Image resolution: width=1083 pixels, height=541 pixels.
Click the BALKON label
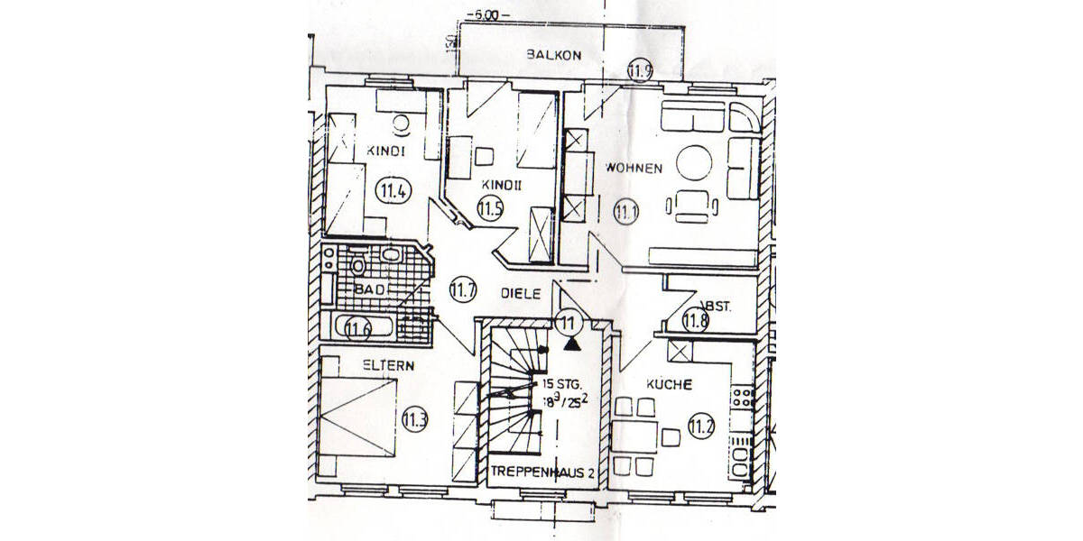(554, 56)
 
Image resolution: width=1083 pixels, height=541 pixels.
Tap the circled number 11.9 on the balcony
(640, 69)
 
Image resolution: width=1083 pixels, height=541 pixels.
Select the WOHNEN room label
(634, 168)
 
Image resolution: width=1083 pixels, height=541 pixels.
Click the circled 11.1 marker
(625, 213)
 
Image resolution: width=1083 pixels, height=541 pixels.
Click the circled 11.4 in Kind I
(391, 190)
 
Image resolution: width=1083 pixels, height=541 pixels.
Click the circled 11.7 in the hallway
(462, 290)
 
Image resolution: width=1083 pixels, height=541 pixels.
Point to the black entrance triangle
(571, 342)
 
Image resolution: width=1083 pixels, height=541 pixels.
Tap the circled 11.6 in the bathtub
(359, 328)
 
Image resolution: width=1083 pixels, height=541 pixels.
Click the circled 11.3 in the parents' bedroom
(415, 418)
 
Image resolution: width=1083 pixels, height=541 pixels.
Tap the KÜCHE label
(669, 385)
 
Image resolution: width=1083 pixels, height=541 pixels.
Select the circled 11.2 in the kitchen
(700, 426)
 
